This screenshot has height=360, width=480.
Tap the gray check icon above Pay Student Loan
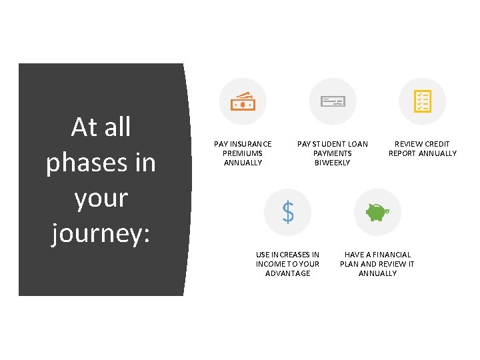(333, 101)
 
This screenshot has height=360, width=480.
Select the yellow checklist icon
(422, 101)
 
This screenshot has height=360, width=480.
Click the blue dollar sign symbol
(288, 212)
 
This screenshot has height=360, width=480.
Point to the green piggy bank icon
(377, 212)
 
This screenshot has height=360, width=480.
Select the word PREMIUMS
(243, 153)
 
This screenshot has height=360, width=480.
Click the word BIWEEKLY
(332, 163)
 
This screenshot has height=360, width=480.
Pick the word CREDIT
(437, 144)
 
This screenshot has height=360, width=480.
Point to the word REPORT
(403, 153)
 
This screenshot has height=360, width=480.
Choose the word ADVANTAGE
(288, 273)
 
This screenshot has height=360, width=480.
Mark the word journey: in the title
(101, 235)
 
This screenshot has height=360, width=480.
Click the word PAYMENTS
(332, 153)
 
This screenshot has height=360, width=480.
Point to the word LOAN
(359, 144)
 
